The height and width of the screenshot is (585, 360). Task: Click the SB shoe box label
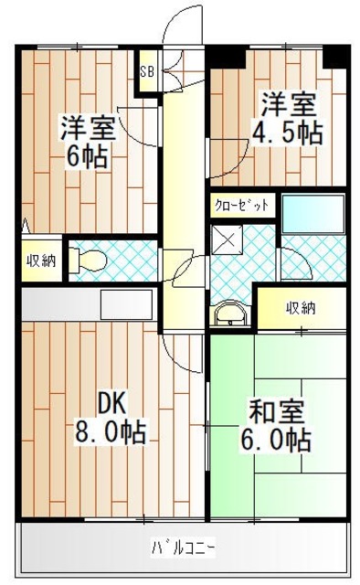[146, 69]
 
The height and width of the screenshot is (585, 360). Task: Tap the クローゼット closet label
[241, 206]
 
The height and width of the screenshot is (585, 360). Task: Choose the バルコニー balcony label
[182, 548]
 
